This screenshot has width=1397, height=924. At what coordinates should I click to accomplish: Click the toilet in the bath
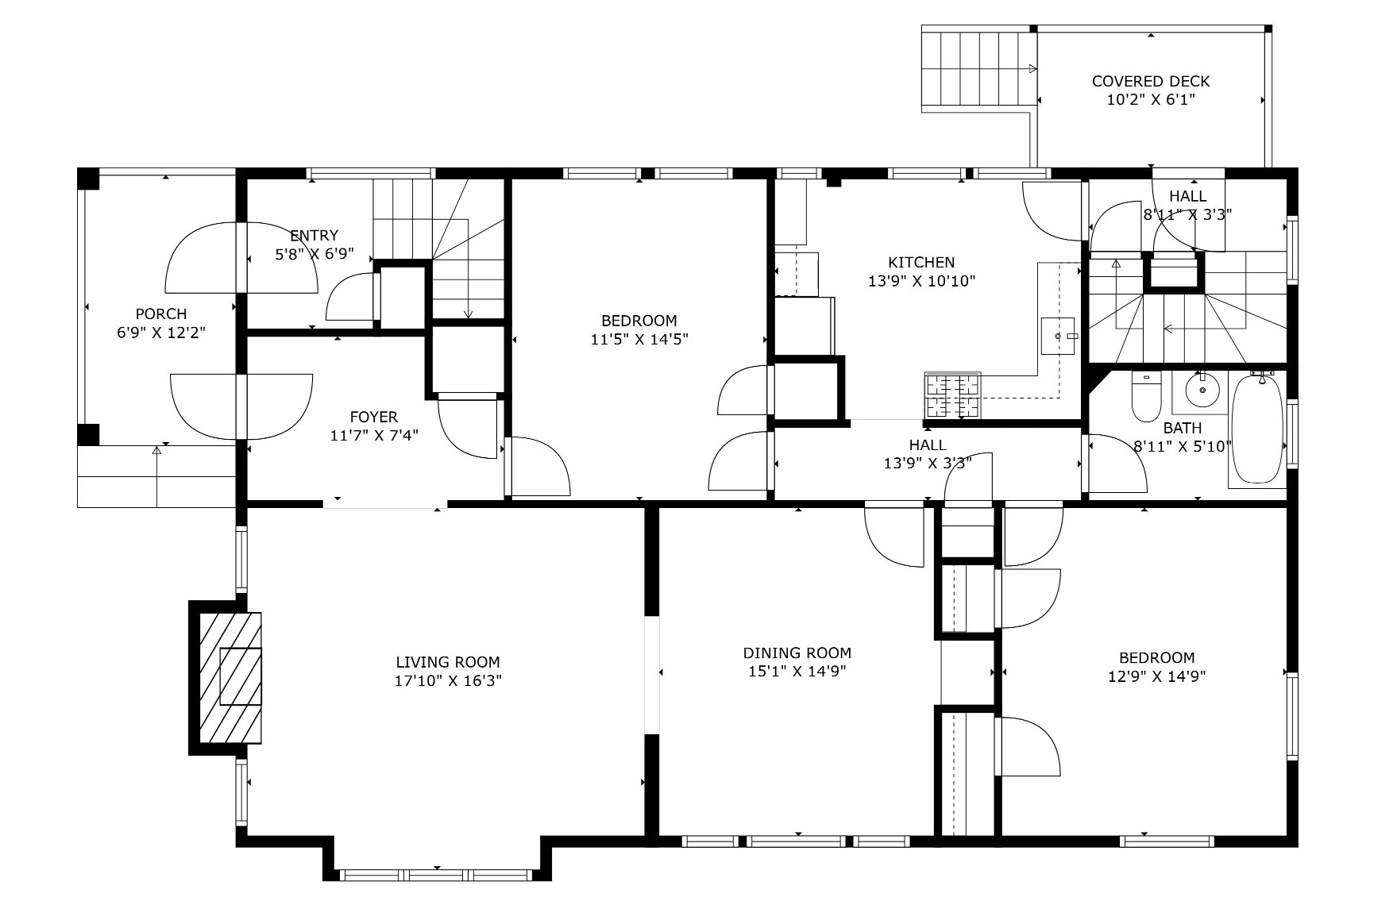click(1146, 396)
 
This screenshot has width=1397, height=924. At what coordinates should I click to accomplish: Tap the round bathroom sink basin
click(1202, 390)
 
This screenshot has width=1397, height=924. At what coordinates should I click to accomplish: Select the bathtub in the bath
click(1256, 429)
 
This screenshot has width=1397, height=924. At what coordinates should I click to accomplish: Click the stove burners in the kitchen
click(953, 395)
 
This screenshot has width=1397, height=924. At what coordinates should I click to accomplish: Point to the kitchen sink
click(1059, 337)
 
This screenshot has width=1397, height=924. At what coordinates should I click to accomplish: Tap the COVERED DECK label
click(1151, 81)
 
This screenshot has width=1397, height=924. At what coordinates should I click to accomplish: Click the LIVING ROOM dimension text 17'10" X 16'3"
click(448, 681)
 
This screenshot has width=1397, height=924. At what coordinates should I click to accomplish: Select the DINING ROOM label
click(797, 653)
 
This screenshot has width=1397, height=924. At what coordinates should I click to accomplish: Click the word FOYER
click(374, 417)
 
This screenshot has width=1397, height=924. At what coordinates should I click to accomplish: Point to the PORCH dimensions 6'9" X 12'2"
click(161, 333)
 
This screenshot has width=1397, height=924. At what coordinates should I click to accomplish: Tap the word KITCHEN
click(921, 262)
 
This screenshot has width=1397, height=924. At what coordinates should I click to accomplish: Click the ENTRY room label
click(314, 236)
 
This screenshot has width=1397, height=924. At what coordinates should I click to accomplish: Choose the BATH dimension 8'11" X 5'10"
click(1183, 447)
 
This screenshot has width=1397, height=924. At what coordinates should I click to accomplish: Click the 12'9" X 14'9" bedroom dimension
click(1157, 677)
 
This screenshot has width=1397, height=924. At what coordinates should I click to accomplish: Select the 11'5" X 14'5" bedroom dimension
click(639, 340)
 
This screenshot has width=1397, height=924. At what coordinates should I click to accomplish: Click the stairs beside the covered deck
click(979, 69)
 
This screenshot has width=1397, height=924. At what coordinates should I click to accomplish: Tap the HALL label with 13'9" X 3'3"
click(928, 445)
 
